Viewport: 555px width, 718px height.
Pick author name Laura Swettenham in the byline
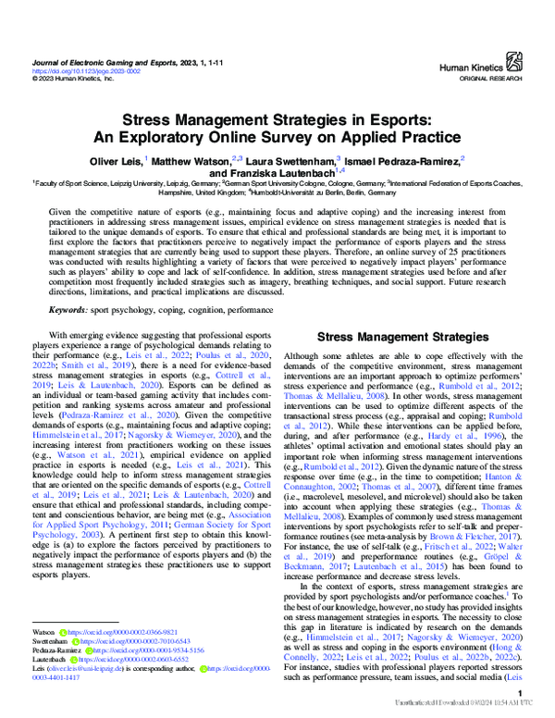tap(290, 161)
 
